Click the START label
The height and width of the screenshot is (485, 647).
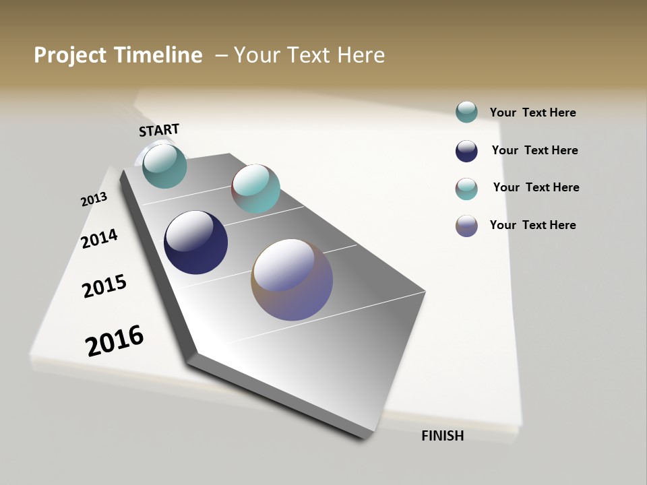159,130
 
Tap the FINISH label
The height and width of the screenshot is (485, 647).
442,436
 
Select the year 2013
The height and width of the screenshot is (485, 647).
94,199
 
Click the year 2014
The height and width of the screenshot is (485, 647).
99,238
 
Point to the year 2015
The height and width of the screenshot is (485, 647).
104,286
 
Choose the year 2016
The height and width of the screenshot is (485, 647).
115,340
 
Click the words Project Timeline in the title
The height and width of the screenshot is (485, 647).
118,55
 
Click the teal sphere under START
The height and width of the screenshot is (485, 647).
164,166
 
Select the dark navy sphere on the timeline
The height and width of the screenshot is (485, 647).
195,243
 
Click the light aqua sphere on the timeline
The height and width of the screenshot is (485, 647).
255,189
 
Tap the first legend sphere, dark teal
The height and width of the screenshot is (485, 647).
466,112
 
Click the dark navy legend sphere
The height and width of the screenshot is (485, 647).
466,151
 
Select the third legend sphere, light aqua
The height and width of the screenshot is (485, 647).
466,189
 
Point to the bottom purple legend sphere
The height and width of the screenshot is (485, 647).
466,226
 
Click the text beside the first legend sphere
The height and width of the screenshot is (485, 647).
532,112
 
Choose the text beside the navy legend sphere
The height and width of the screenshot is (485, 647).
534,150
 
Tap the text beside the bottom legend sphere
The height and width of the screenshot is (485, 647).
532,225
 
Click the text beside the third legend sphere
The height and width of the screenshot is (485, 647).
536,187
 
